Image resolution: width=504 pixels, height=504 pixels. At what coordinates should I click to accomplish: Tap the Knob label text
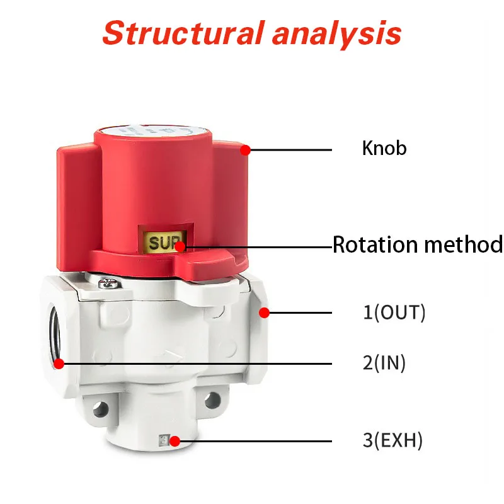tap(384, 149)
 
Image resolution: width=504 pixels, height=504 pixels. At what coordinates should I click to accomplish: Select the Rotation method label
tap(417, 244)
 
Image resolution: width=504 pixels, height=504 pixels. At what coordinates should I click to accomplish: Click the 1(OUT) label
tap(394, 312)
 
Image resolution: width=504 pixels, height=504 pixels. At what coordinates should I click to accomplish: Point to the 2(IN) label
tap(384, 363)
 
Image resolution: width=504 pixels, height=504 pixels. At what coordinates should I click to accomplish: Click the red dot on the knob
tap(245, 150)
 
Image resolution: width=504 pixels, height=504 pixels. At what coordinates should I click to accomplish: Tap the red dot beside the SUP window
tap(180, 246)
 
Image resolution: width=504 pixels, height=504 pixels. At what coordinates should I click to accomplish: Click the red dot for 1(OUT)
tap(265, 312)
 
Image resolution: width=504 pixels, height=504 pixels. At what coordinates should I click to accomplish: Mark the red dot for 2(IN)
tap(59, 363)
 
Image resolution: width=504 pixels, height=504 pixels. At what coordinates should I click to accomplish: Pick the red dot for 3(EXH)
tap(175, 440)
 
